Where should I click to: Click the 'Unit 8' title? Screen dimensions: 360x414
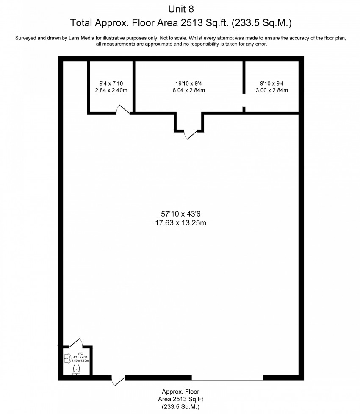point(181,9)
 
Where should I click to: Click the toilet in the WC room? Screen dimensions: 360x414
point(77,369)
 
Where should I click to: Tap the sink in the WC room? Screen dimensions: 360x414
point(67,358)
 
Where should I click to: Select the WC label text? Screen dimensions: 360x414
point(80,353)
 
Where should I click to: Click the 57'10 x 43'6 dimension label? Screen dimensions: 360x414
point(180,214)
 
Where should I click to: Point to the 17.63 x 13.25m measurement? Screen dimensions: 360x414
point(180,223)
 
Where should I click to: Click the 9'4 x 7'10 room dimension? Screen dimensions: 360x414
point(111,83)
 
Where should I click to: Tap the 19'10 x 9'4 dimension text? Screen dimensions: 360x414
point(189,83)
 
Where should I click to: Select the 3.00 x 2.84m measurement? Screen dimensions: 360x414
point(272,90)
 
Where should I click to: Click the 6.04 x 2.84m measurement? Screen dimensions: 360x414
point(189,90)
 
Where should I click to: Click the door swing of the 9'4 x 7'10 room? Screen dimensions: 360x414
point(123,109)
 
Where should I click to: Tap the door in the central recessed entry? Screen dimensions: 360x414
point(191,135)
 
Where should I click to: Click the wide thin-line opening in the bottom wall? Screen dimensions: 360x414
point(227,380)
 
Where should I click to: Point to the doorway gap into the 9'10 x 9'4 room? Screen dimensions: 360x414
point(244,100)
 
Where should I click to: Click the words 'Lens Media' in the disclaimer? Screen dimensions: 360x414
point(81,38)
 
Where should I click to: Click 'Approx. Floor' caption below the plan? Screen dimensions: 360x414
point(180,392)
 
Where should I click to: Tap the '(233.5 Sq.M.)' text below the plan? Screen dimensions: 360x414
point(180,407)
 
